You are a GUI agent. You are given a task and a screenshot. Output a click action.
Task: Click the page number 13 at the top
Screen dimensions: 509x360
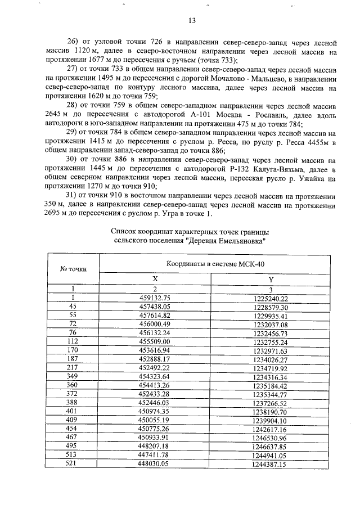click(191, 21)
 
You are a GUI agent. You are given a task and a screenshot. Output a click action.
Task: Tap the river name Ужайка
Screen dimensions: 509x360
click(303, 178)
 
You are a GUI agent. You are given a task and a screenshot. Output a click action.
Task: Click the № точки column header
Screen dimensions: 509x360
click(73, 269)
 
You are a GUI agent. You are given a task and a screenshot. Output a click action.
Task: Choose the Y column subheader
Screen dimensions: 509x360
click(271, 279)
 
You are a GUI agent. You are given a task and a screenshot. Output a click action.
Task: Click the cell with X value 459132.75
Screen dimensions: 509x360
click(155, 298)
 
